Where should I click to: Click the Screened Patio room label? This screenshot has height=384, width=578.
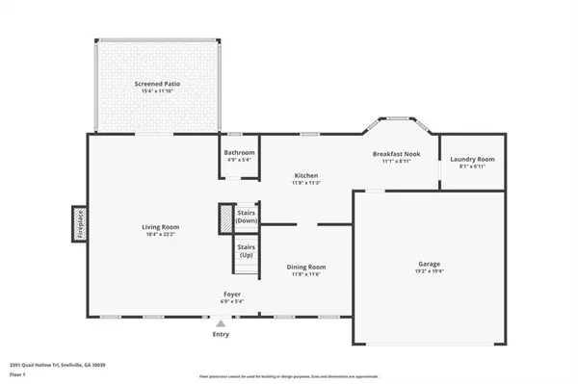tap(156, 84)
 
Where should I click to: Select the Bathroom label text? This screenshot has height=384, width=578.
tap(239, 152)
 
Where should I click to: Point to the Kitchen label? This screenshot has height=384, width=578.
tap(306, 175)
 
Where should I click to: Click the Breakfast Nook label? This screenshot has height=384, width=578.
tap(396, 153)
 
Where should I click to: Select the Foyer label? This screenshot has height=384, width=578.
tap(231, 294)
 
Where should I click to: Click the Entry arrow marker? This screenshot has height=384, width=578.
tap(222, 323)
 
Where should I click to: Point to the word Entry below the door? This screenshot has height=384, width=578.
tap(222, 334)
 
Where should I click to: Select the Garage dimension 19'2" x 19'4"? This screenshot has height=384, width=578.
tap(429, 271)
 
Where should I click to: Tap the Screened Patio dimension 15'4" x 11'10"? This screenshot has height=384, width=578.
tap(156, 92)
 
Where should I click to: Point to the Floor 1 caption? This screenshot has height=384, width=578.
tap(17, 373)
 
